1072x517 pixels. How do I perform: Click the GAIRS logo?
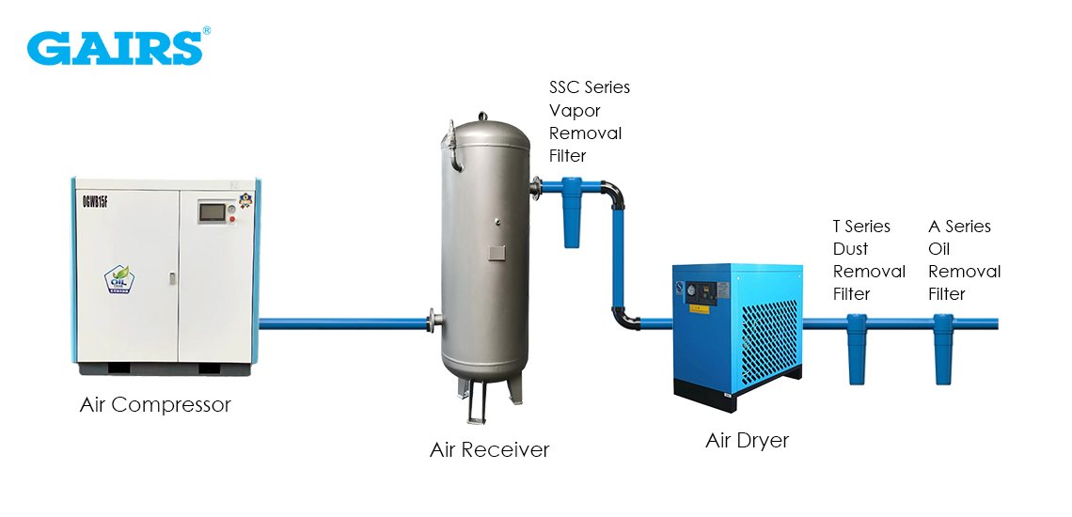pyautogui.click(x=114, y=47)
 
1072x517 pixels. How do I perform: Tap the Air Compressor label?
pyautogui.click(x=155, y=405)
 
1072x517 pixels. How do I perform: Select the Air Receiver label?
pyautogui.click(x=489, y=449)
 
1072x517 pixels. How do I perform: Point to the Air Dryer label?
pyautogui.click(x=748, y=440)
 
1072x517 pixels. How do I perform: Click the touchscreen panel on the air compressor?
pyautogui.click(x=212, y=212)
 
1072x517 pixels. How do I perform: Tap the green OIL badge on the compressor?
pyautogui.click(x=119, y=281)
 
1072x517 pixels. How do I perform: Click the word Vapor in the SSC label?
pyautogui.click(x=575, y=110)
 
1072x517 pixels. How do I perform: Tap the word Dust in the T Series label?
pyautogui.click(x=850, y=249)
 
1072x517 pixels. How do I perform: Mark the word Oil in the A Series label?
pyautogui.click(x=939, y=249)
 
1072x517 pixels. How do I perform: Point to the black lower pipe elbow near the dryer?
pyautogui.click(x=623, y=318)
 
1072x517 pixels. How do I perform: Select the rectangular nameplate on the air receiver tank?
pyautogui.click(x=495, y=253)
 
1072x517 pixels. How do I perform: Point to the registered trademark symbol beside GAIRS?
pyautogui.click(x=207, y=31)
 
